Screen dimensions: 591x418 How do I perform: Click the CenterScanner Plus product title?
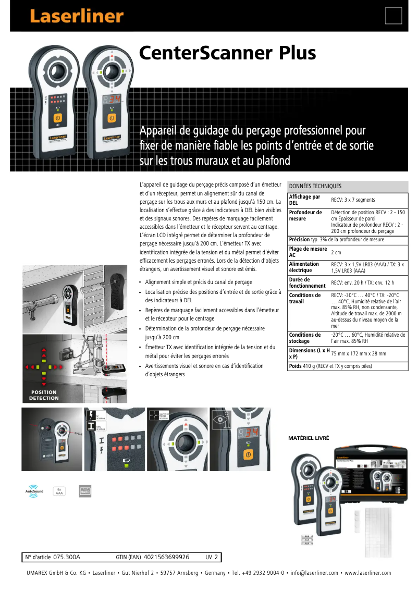227,53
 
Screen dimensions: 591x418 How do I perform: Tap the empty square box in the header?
394,16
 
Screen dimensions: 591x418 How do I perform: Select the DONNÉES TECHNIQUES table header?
315,186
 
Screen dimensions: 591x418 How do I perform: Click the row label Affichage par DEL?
305,200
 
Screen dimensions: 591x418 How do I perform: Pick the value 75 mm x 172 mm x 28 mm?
359,353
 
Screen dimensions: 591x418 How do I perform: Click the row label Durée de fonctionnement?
308,283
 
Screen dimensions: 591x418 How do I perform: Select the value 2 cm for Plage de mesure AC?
336,252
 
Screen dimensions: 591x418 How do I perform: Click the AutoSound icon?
34,491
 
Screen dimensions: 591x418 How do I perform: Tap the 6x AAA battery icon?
59,491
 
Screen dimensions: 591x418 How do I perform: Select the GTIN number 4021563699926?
166,557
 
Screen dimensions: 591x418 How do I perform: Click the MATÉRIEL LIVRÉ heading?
309,438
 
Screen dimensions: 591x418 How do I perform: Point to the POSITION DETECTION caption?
44,395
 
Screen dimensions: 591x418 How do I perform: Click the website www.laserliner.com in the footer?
368,573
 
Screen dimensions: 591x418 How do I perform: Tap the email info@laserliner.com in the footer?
314,573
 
